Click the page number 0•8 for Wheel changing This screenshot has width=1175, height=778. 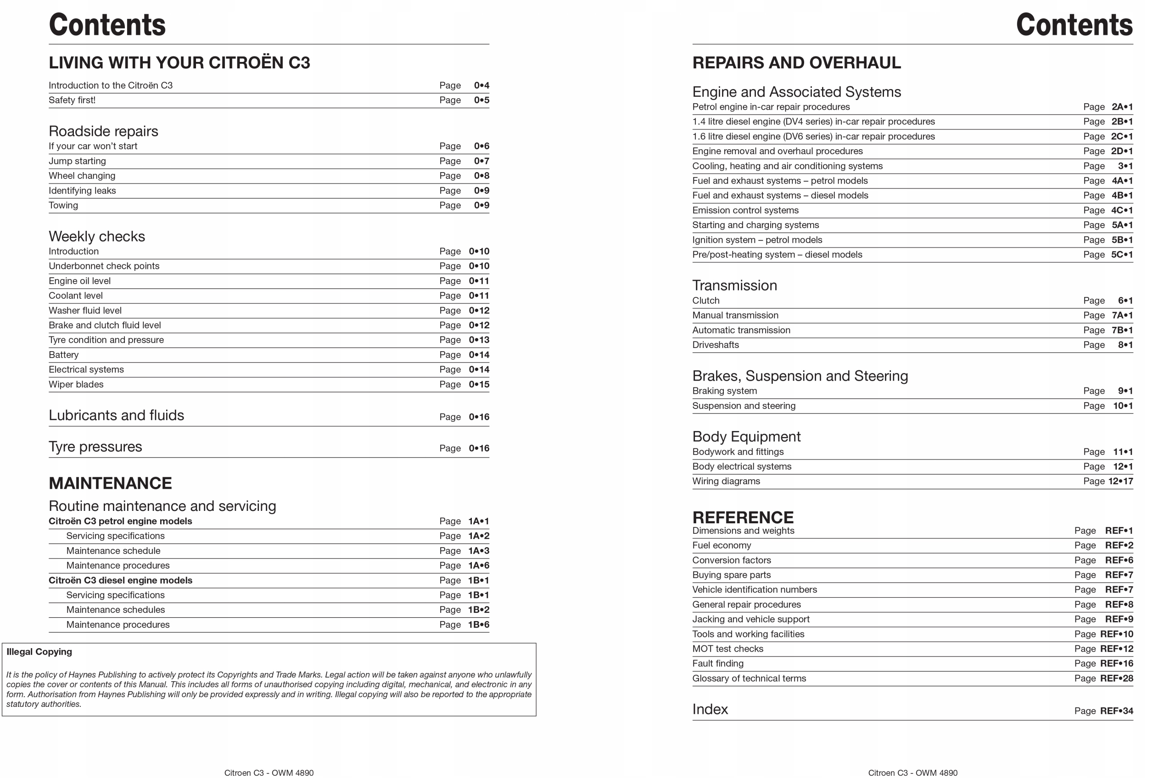pos(481,176)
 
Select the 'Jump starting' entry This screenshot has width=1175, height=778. pos(77,161)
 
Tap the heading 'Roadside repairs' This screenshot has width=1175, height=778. pos(103,131)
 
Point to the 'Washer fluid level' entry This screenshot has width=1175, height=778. pos(85,311)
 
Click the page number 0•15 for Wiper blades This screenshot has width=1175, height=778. pos(478,385)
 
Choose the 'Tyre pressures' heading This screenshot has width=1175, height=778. pos(95,447)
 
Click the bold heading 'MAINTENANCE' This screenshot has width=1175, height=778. pos(110,483)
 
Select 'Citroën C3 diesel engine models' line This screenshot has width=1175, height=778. pos(120,580)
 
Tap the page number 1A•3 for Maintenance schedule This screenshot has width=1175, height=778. pos(478,551)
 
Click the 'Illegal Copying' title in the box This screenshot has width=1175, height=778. pos(39,652)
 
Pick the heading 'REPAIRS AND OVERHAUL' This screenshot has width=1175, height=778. pos(796,62)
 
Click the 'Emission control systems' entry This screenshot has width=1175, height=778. pos(745,210)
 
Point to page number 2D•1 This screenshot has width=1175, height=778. pos(1121,151)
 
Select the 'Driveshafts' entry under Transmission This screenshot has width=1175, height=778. pos(715,345)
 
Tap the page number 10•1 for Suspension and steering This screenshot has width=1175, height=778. pos(1122,406)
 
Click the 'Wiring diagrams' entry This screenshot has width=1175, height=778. pos(726,481)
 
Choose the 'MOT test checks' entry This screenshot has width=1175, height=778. pos(727,649)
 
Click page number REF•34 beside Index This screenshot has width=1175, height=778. pos(1116,711)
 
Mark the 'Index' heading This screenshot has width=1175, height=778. pos(710,709)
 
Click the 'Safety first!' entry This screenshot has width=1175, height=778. pos(72,100)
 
